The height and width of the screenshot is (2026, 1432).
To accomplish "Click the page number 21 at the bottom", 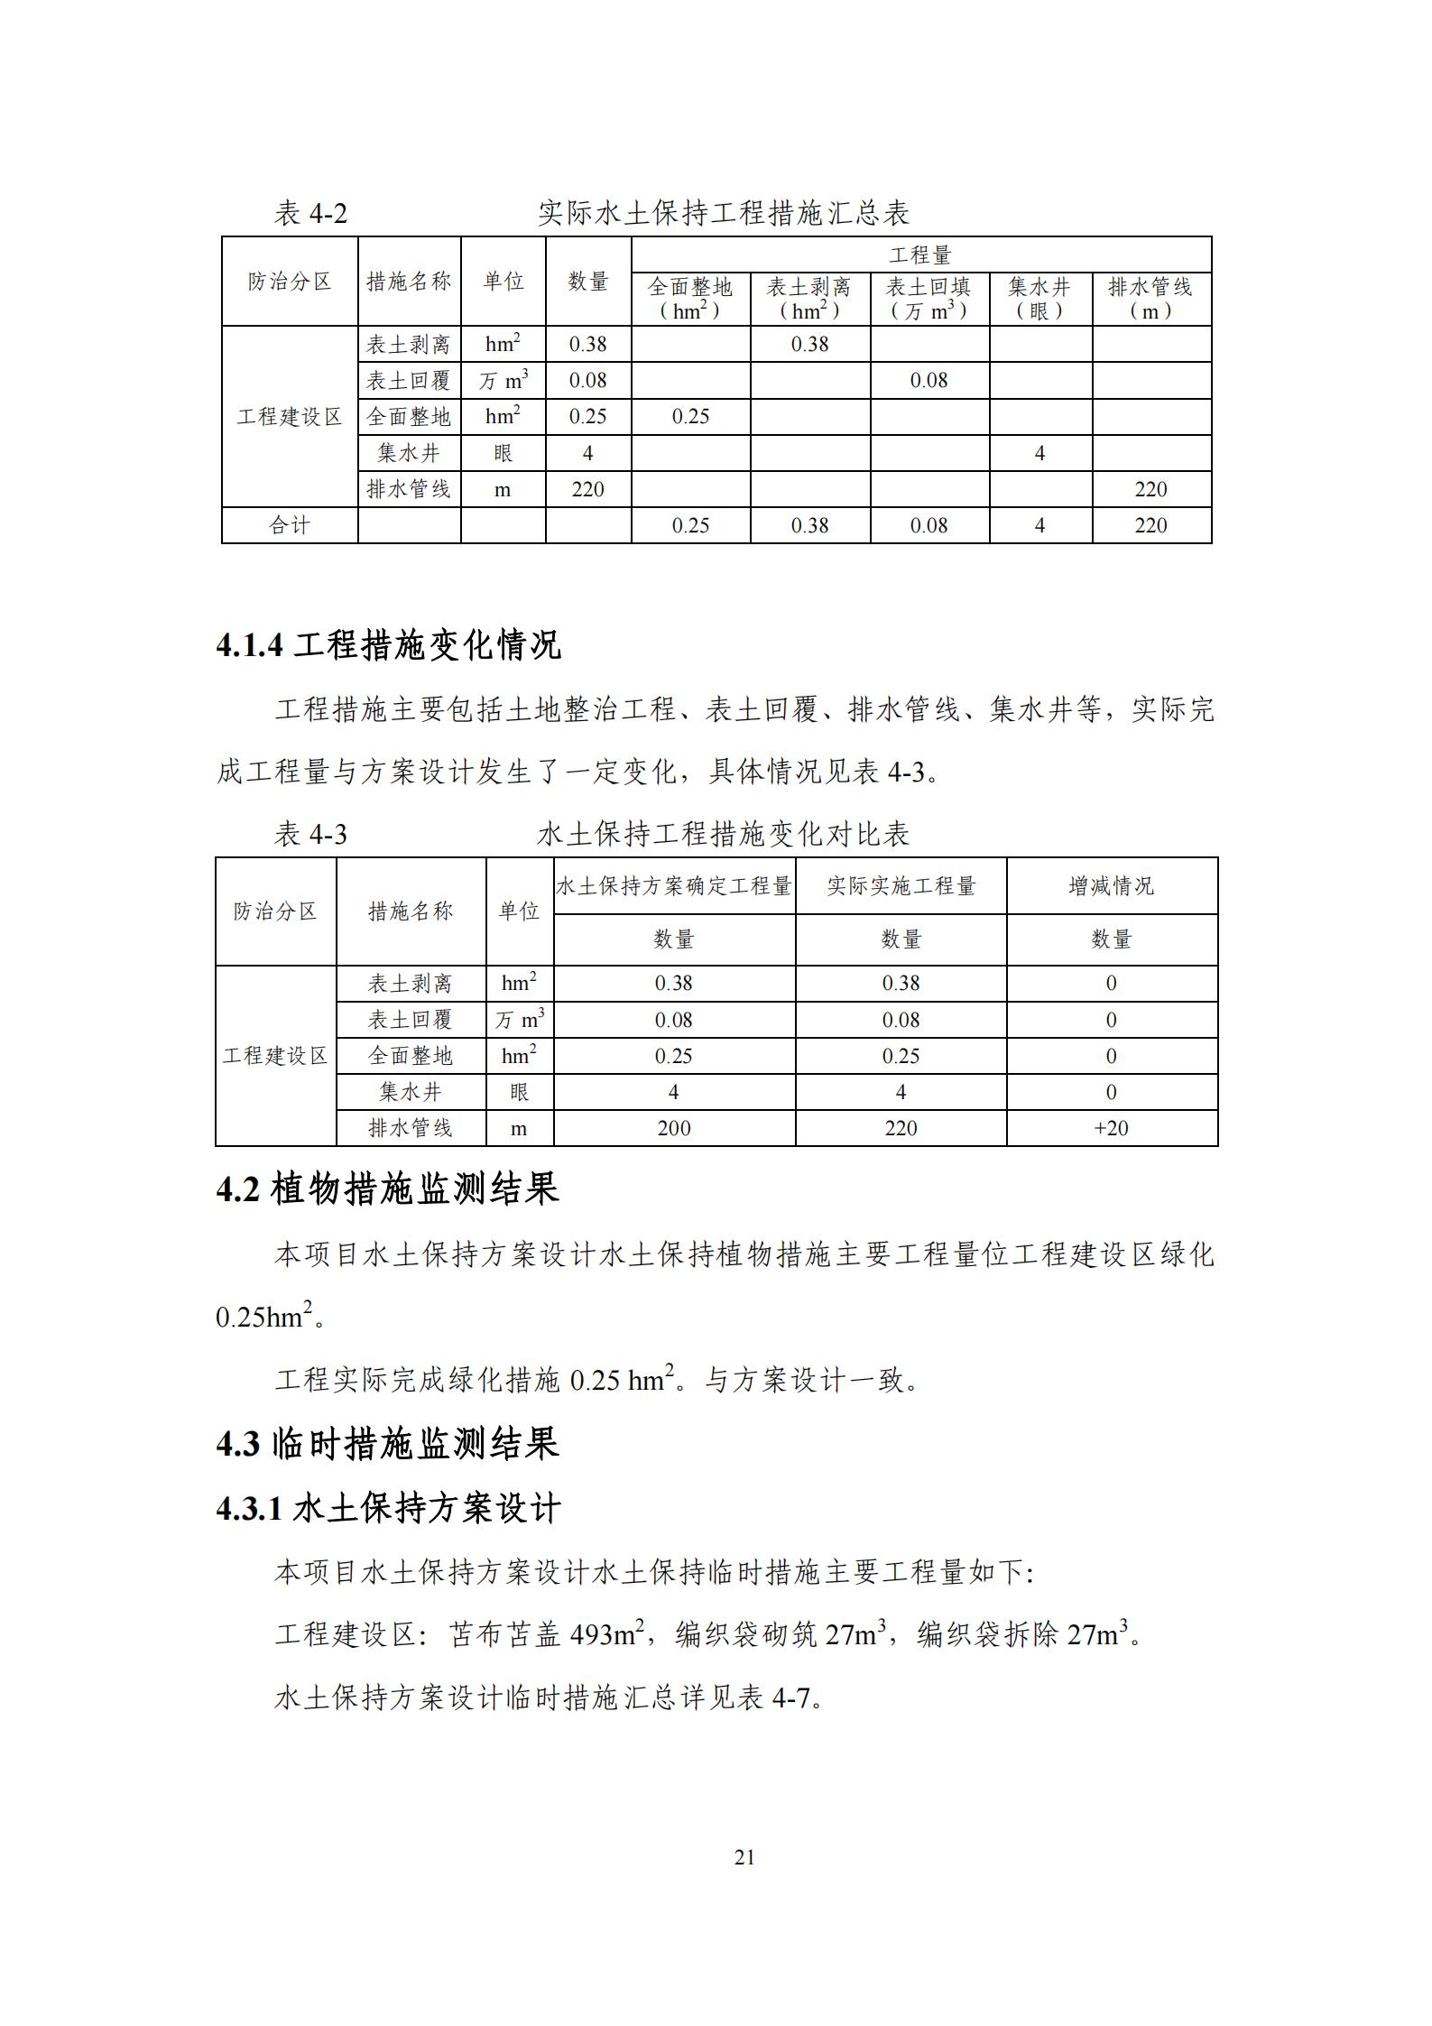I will pyautogui.click(x=744, y=1856).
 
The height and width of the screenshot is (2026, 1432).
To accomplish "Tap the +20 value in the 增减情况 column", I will pyautogui.click(x=1111, y=1128).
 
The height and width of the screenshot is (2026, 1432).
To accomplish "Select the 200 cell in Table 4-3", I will pyautogui.click(x=673, y=1128).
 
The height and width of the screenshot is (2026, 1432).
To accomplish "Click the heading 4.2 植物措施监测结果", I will pyautogui.click(x=387, y=1189).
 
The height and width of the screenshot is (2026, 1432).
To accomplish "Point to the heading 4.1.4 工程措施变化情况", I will pyautogui.click(x=388, y=645).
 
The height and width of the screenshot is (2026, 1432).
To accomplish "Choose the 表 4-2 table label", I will pyautogui.click(x=310, y=214).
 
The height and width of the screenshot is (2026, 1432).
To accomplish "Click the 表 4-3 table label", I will pyautogui.click(x=310, y=834).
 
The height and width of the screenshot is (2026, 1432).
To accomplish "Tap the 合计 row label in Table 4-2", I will pyautogui.click(x=289, y=525).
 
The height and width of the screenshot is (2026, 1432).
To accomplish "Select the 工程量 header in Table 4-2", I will pyautogui.click(x=920, y=255).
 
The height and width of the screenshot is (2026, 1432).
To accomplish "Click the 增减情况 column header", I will pyautogui.click(x=1111, y=886).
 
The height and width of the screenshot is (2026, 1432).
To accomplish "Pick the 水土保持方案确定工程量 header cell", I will pyautogui.click(x=673, y=886).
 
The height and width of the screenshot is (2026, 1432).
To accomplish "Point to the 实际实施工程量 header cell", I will pyautogui.click(x=901, y=886).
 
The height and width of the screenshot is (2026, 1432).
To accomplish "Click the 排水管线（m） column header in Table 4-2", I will pyautogui.click(x=1150, y=299).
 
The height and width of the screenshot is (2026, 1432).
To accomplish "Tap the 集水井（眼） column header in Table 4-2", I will pyautogui.click(x=1039, y=299).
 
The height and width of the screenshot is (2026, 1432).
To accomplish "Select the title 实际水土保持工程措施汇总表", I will pyautogui.click(x=723, y=214).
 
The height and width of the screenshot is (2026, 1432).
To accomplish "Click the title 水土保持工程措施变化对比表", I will pyautogui.click(x=723, y=834).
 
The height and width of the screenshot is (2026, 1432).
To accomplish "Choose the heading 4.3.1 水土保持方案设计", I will pyautogui.click(x=388, y=1508).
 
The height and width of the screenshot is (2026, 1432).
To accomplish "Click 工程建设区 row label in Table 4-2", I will pyautogui.click(x=289, y=417).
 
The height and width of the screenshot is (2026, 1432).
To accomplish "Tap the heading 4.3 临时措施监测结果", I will pyautogui.click(x=387, y=1444).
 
